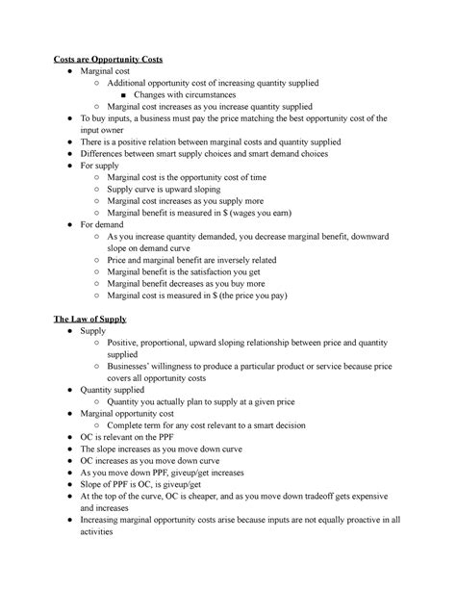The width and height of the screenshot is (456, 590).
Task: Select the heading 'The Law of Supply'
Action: click(x=89, y=318)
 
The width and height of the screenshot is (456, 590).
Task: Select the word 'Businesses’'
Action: click(x=133, y=366)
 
